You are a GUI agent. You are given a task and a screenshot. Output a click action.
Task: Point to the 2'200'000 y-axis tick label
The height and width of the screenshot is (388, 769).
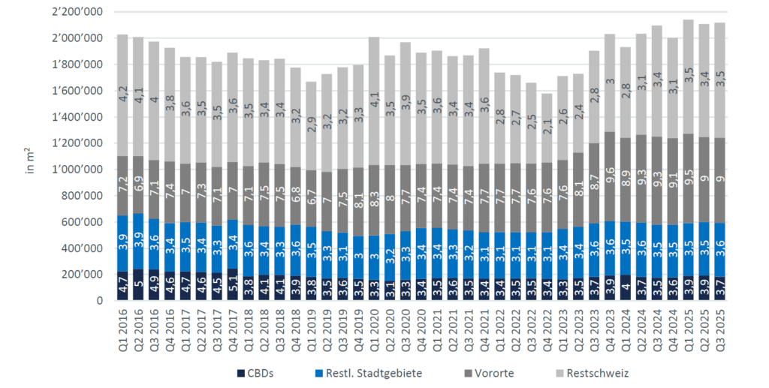[83, 13]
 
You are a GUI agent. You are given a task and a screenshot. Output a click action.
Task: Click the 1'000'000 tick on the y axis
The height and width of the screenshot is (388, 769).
[83, 170]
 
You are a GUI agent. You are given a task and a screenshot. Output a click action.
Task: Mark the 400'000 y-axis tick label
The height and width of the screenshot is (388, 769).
[86, 248]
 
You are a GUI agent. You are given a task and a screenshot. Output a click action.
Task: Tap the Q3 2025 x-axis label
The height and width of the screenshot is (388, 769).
[719, 329]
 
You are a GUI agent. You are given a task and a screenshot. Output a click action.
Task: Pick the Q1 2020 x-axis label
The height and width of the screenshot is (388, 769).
[374, 329]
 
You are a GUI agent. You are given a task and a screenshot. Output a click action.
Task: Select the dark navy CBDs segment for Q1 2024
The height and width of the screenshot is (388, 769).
[626, 287]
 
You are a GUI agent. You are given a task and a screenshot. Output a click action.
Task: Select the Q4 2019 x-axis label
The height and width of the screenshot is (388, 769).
[358, 329]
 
